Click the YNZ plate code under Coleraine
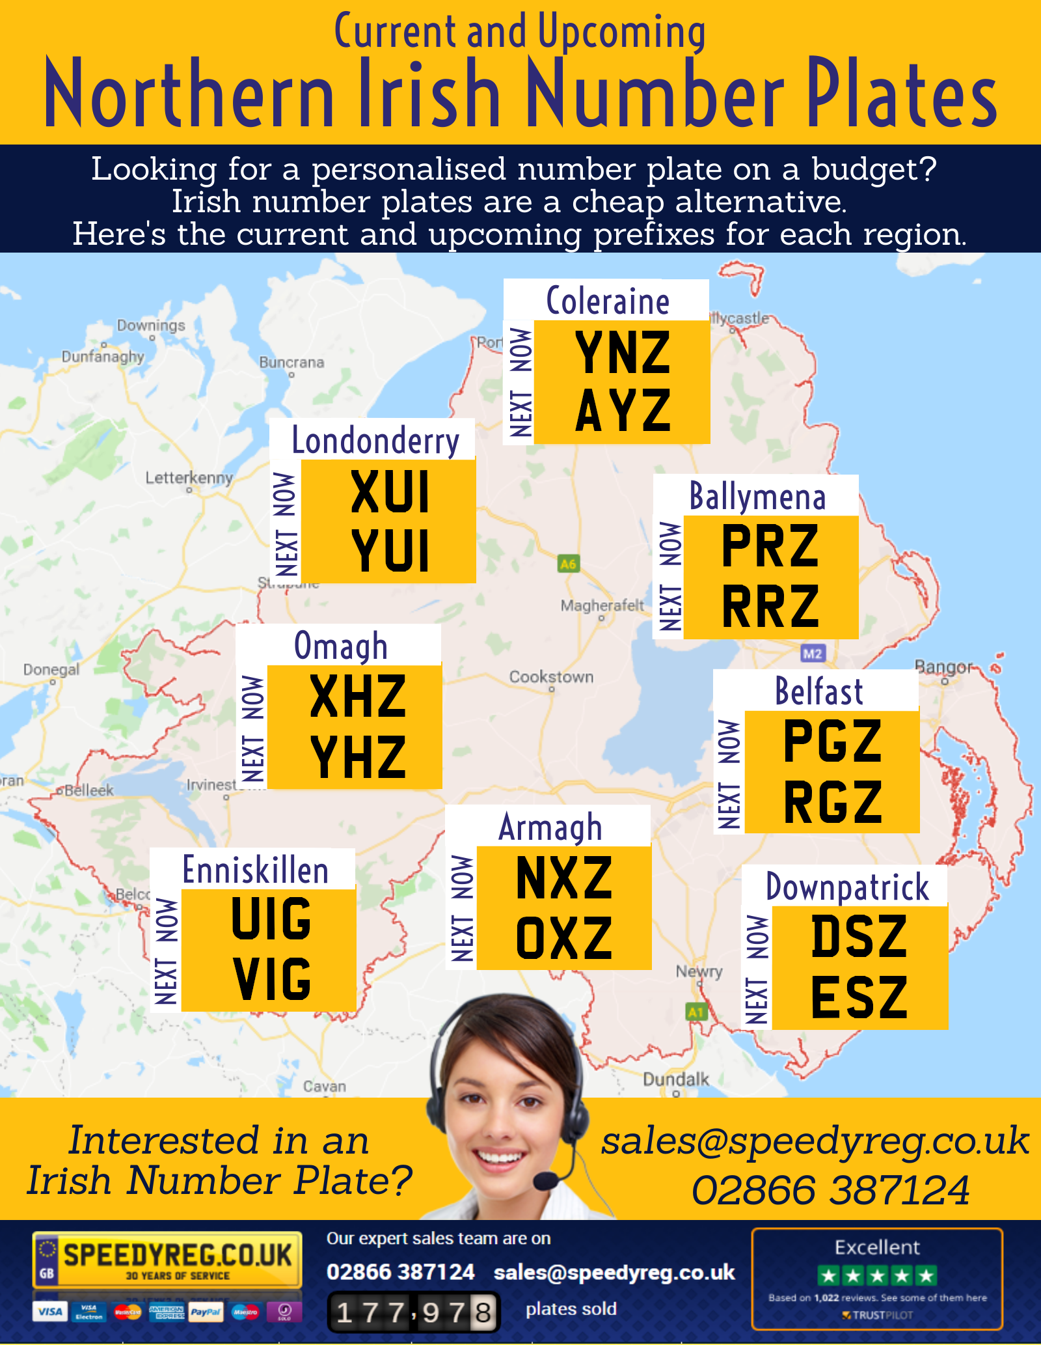(x=623, y=353)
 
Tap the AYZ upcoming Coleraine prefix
(x=623, y=411)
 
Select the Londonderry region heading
(x=375, y=441)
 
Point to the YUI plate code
(x=390, y=551)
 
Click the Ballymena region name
(x=757, y=497)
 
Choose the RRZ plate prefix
(x=770, y=606)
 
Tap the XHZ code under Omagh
(x=358, y=697)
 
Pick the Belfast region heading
(x=818, y=691)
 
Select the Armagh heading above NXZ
(x=550, y=827)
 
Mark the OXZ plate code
(x=564, y=939)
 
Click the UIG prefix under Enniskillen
(x=271, y=919)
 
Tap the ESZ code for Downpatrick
(x=859, y=997)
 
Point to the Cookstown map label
(x=551, y=677)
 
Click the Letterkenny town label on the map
(x=189, y=478)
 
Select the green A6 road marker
(x=568, y=564)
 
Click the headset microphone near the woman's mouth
(x=546, y=1179)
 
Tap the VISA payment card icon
(x=50, y=1311)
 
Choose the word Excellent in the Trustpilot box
(x=877, y=1247)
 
